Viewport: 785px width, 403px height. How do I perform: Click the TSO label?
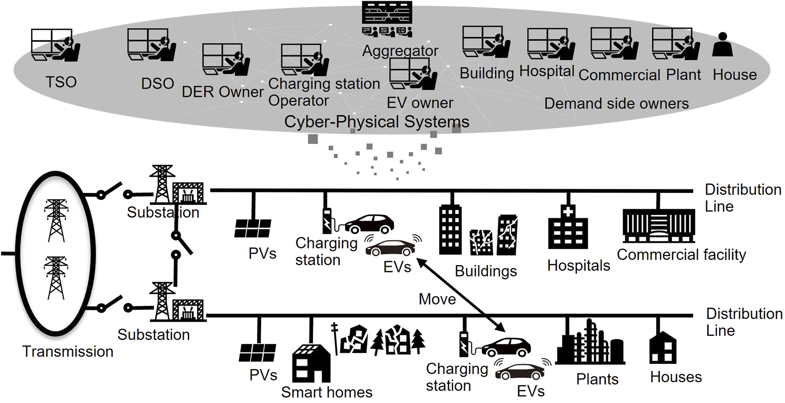(x=61, y=82)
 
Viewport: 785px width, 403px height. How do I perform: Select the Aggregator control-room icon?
(x=387, y=19)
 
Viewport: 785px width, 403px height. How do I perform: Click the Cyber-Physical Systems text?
(x=377, y=122)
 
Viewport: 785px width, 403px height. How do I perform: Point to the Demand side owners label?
(x=616, y=104)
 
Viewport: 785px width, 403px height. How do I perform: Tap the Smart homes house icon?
(x=311, y=363)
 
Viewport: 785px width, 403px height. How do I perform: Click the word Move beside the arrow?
(x=437, y=299)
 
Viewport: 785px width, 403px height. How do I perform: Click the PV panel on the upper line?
(x=253, y=228)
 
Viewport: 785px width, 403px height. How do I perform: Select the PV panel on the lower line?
(x=257, y=353)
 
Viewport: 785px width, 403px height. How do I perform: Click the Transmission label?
(x=68, y=352)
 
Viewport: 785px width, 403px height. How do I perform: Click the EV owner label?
(x=420, y=103)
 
